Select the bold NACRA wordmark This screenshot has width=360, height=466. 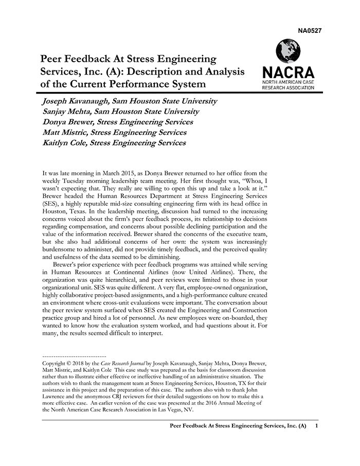tap(288, 73)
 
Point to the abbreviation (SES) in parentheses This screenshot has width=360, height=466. tap(51, 204)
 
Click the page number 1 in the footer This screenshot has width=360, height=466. tap(316, 426)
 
